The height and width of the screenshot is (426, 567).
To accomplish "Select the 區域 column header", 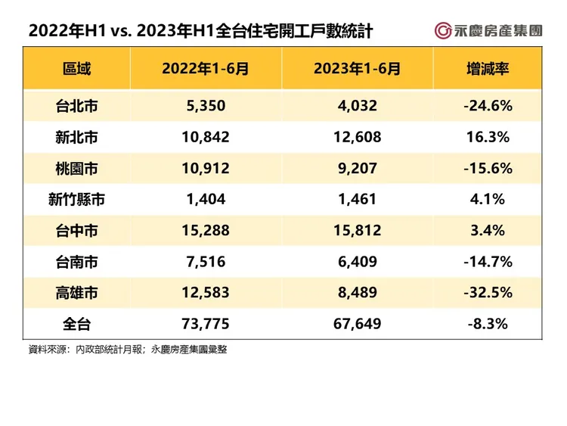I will [x=76, y=69].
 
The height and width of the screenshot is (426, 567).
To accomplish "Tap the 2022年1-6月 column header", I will [x=206, y=69].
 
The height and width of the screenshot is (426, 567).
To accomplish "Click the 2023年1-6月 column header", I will [x=357, y=69].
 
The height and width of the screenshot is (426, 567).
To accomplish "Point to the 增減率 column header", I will [x=488, y=69].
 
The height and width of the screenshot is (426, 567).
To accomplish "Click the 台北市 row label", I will [x=76, y=107].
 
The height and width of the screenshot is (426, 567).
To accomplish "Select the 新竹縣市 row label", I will [x=76, y=200].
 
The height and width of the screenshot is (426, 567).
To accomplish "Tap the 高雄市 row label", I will [x=76, y=293].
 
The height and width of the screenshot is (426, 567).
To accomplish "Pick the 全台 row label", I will [x=76, y=325].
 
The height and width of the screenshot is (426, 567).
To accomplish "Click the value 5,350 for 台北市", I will [x=206, y=107].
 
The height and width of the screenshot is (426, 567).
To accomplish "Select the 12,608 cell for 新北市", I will [x=357, y=138].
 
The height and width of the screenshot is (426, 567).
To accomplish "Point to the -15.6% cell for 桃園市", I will [x=488, y=169].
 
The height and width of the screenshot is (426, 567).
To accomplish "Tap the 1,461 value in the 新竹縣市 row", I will [x=357, y=200].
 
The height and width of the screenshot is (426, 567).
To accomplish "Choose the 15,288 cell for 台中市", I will [x=206, y=231].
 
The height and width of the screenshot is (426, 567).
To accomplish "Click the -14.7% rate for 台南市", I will [x=488, y=262].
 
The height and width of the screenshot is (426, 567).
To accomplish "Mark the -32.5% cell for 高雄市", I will [x=488, y=293].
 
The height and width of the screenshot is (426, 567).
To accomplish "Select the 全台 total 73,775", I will [x=206, y=325].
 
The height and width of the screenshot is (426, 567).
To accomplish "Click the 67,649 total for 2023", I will [x=357, y=325].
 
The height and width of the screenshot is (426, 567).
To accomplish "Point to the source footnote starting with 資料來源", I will [x=128, y=350].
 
